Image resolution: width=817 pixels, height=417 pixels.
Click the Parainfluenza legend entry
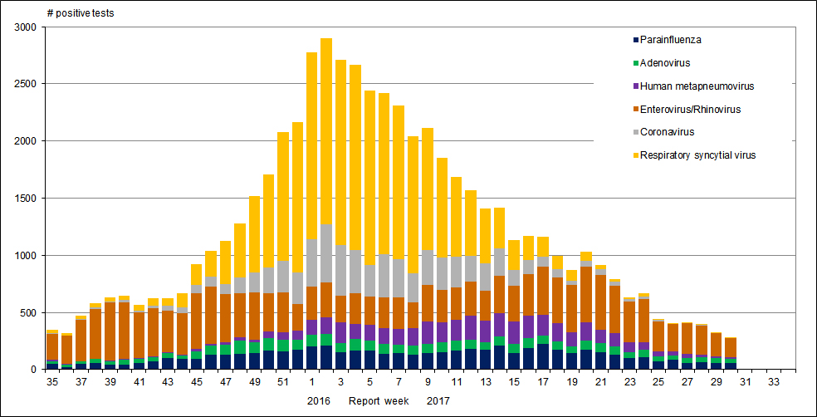coord(672,39)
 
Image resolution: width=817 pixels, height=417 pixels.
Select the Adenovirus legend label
coord(665,62)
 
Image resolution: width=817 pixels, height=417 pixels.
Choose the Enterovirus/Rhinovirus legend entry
coord(690,109)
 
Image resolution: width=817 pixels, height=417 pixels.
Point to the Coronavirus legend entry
coord(667,131)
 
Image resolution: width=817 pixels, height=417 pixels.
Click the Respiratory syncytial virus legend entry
coord(697,155)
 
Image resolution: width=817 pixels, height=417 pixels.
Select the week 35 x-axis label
coord(52,382)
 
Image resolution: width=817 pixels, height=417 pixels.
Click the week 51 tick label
coord(283,382)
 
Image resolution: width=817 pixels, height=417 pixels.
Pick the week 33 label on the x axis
coord(774,382)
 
